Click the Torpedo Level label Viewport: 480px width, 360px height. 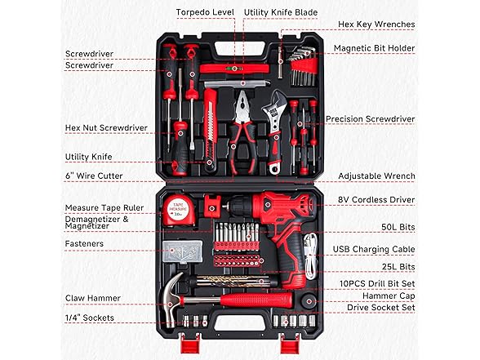tap(205, 12)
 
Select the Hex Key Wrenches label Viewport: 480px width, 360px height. tap(376, 24)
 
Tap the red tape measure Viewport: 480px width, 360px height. tap(179, 211)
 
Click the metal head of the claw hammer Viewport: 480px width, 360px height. tap(171, 299)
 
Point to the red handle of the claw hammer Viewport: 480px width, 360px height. tap(256, 300)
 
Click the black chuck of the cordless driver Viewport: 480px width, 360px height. tap(240, 205)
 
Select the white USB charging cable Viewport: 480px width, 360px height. tap(310, 256)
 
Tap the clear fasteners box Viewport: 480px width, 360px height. tap(183, 251)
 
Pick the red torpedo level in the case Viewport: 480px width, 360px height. tap(234, 69)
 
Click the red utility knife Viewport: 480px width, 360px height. tap(211, 129)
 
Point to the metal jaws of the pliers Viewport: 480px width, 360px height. tap(242, 106)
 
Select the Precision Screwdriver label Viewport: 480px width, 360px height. tap(370, 119)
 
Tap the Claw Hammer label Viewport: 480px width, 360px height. tap(93, 298)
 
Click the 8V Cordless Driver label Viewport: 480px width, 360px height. tap(376, 199)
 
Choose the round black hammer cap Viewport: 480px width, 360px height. tap(309, 301)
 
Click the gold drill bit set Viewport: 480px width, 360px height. tap(233, 282)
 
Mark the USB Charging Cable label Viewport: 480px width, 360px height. tap(374, 250)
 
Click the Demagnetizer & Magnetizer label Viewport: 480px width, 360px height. tap(96, 223)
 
